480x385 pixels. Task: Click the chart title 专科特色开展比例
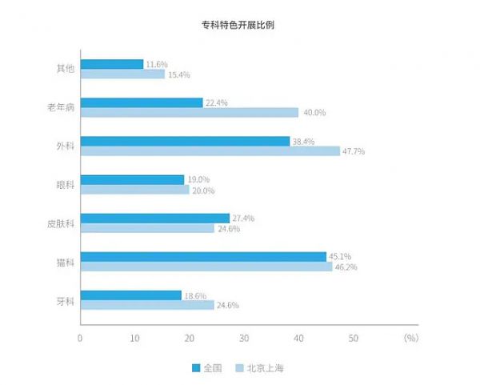coord(239,25)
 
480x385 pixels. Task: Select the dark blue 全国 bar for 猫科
coord(203,256)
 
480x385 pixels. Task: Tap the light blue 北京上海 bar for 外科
coord(210,151)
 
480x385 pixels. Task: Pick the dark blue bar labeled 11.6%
coord(112,63)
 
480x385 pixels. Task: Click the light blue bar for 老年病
coord(189,113)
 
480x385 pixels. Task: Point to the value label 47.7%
coord(353,151)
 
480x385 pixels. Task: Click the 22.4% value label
coord(216,102)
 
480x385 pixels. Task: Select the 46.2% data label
coord(346,267)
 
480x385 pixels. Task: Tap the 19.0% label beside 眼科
coord(198,179)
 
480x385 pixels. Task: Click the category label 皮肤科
coord(62,223)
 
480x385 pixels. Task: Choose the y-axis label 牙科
coord(66,300)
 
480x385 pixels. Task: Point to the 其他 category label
coord(66,69)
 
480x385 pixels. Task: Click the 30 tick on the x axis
coord(244,338)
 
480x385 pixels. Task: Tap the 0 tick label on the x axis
coord(80,338)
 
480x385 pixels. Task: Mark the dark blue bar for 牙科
coord(131,295)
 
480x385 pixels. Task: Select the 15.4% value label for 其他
coord(178,74)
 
